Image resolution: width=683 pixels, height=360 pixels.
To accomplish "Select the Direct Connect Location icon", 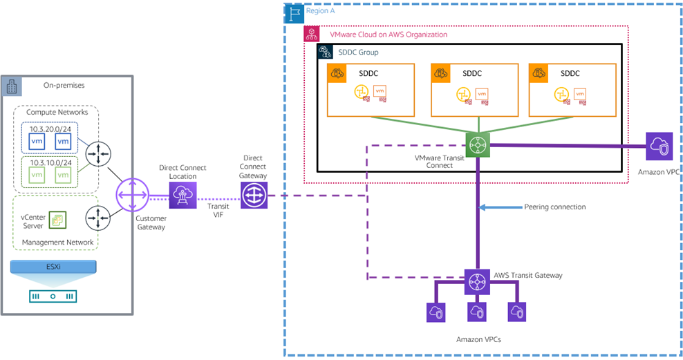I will click(x=183, y=196).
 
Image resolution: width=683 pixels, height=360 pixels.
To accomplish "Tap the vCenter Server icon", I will click(x=57, y=220).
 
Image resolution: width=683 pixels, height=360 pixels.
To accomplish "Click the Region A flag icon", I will click(x=294, y=12).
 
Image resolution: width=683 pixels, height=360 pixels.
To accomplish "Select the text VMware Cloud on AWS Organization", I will click(x=388, y=35).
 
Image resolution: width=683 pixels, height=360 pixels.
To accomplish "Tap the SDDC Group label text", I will click(x=358, y=52).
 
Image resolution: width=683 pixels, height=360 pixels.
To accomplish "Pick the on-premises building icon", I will click(x=12, y=86).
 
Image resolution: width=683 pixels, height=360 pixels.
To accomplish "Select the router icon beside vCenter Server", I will click(x=98, y=218).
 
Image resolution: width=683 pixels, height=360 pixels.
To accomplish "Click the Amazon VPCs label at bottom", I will click(x=479, y=339).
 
